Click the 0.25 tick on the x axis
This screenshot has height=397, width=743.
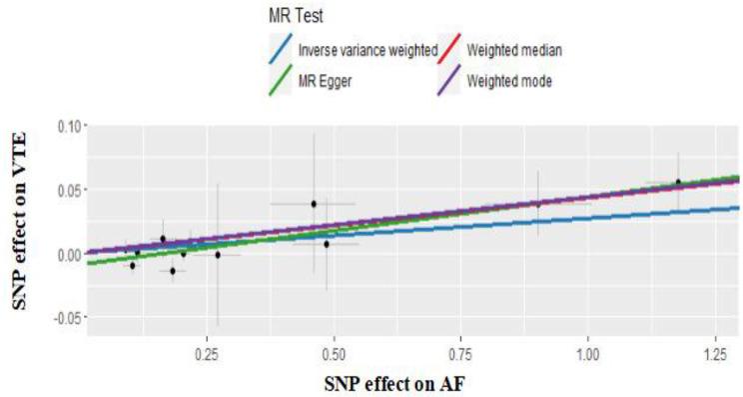[207, 353]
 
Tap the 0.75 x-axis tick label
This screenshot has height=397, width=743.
[460, 353]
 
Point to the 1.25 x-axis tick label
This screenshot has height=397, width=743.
[714, 353]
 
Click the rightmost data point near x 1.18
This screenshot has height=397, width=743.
[678, 183]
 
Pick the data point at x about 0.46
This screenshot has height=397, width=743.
[313, 204]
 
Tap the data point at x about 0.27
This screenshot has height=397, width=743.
[217, 254]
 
